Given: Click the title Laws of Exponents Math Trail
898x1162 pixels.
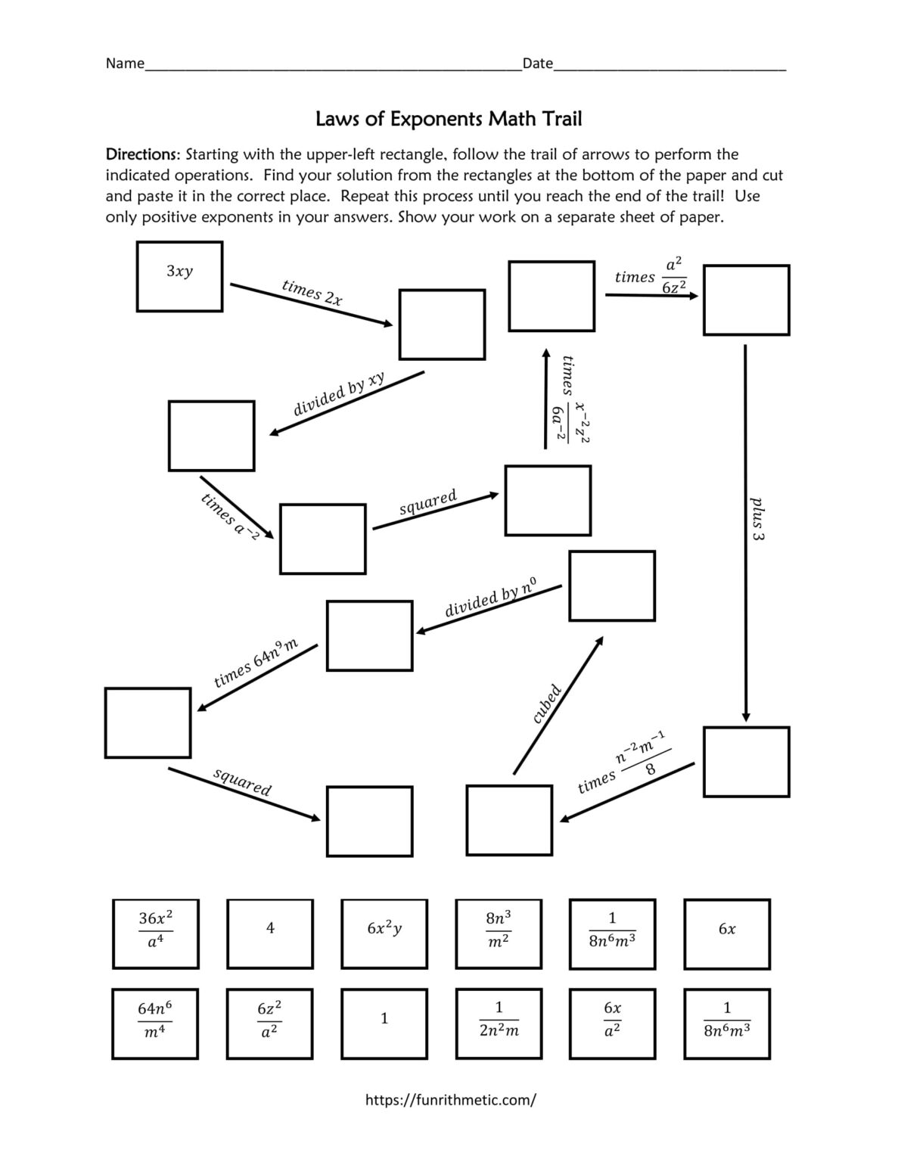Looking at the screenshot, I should click(x=448, y=119).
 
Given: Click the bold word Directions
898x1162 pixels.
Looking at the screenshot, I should click(x=142, y=154).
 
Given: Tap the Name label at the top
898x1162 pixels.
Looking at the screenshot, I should click(x=124, y=64).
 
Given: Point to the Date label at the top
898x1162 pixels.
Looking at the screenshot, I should click(x=537, y=64).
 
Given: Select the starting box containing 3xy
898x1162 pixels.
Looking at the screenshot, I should click(x=179, y=276).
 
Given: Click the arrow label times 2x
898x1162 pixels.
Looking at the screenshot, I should click(x=312, y=292).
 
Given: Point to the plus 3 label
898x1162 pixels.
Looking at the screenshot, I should click(x=757, y=518).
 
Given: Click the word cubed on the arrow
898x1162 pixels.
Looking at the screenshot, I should click(x=546, y=704).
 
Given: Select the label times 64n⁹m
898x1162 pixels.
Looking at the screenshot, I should click(x=256, y=663).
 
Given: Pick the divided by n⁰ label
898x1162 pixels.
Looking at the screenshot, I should click(x=491, y=597).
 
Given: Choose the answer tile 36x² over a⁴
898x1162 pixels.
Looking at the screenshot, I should click(x=156, y=934).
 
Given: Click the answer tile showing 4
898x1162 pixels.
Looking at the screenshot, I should click(x=270, y=934).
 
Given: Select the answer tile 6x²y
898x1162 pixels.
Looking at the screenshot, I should click(x=384, y=934).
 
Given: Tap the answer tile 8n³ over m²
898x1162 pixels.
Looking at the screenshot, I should click(x=498, y=934).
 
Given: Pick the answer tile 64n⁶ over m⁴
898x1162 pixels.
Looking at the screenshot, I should click(x=156, y=1023).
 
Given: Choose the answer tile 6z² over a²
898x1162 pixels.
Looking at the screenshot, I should click(x=270, y=1023).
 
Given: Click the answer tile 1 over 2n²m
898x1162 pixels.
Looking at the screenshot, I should click(x=498, y=1023).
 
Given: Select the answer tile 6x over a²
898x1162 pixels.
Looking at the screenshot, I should click(x=612, y=1023).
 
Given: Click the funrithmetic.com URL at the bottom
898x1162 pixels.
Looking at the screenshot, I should click(x=450, y=1100).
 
